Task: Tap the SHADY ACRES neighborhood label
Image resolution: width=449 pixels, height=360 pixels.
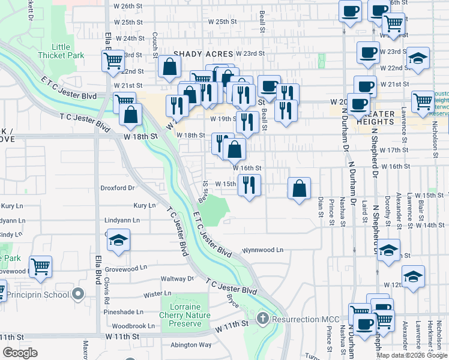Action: (203, 53)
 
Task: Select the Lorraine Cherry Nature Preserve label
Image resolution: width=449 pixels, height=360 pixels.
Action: (185, 315)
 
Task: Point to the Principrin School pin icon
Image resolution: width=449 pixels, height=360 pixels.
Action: (77, 294)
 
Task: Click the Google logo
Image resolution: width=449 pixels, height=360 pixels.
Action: (20, 352)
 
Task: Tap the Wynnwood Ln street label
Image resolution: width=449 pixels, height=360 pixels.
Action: (262, 250)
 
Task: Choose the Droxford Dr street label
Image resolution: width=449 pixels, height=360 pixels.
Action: (117, 187)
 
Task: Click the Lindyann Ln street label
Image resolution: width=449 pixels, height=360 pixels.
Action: (122, 220)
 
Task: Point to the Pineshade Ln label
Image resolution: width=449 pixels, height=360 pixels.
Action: (123, 312)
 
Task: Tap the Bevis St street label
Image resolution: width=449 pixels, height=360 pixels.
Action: (205, 191)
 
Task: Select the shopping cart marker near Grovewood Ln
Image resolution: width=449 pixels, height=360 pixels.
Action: (40, 266)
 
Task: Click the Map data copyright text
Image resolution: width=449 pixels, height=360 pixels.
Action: (412, 355)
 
